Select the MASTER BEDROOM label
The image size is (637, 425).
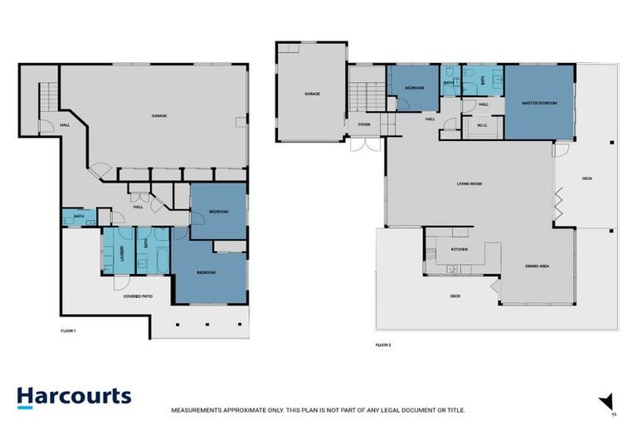[538, 104]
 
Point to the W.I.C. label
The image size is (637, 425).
[480, 127]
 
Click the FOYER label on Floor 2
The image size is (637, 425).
[363, 125]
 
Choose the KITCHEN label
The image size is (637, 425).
[460, 248]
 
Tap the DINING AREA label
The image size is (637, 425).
[537, 266]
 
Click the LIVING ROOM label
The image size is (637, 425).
[469, 183]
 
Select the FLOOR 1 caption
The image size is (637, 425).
[69, 330]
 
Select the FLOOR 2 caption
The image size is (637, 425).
[383, 344]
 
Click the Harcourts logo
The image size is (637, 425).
[74, 396]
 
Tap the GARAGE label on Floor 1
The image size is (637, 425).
[159, 115]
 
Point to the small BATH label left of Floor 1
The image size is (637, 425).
[78, 217]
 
